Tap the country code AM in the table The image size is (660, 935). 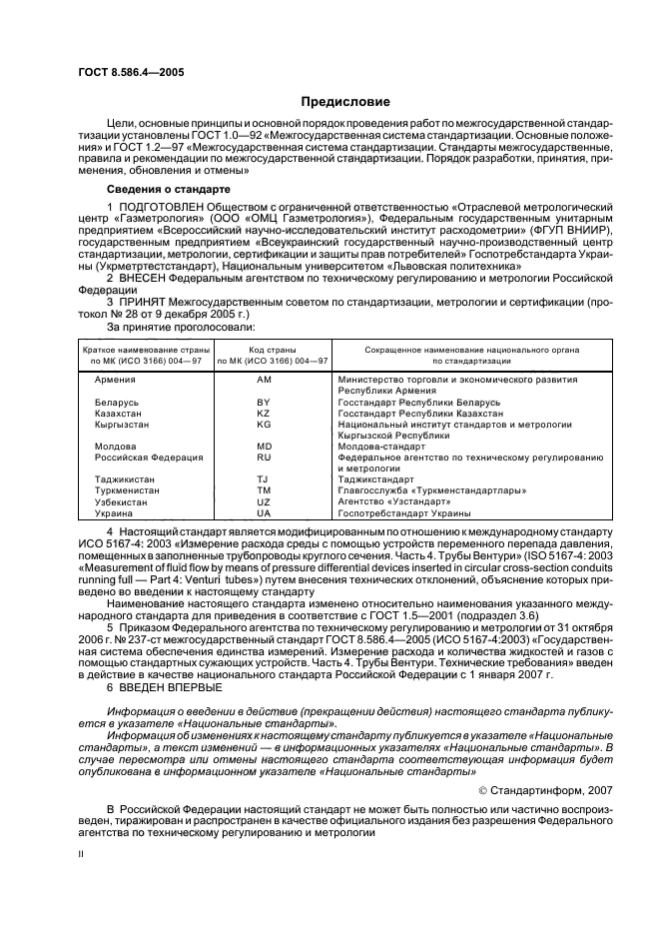(x=264, y=381)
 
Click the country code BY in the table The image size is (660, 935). (x=264, y=403)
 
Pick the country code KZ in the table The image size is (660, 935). (x=264, y=414)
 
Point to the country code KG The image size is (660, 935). (x=264, y=425)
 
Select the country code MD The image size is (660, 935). (x=264, y=447)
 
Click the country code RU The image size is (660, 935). (x=264, y=458)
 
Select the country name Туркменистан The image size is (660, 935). (x=124, y=490)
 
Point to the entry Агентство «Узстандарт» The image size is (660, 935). (x=390, y=501)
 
